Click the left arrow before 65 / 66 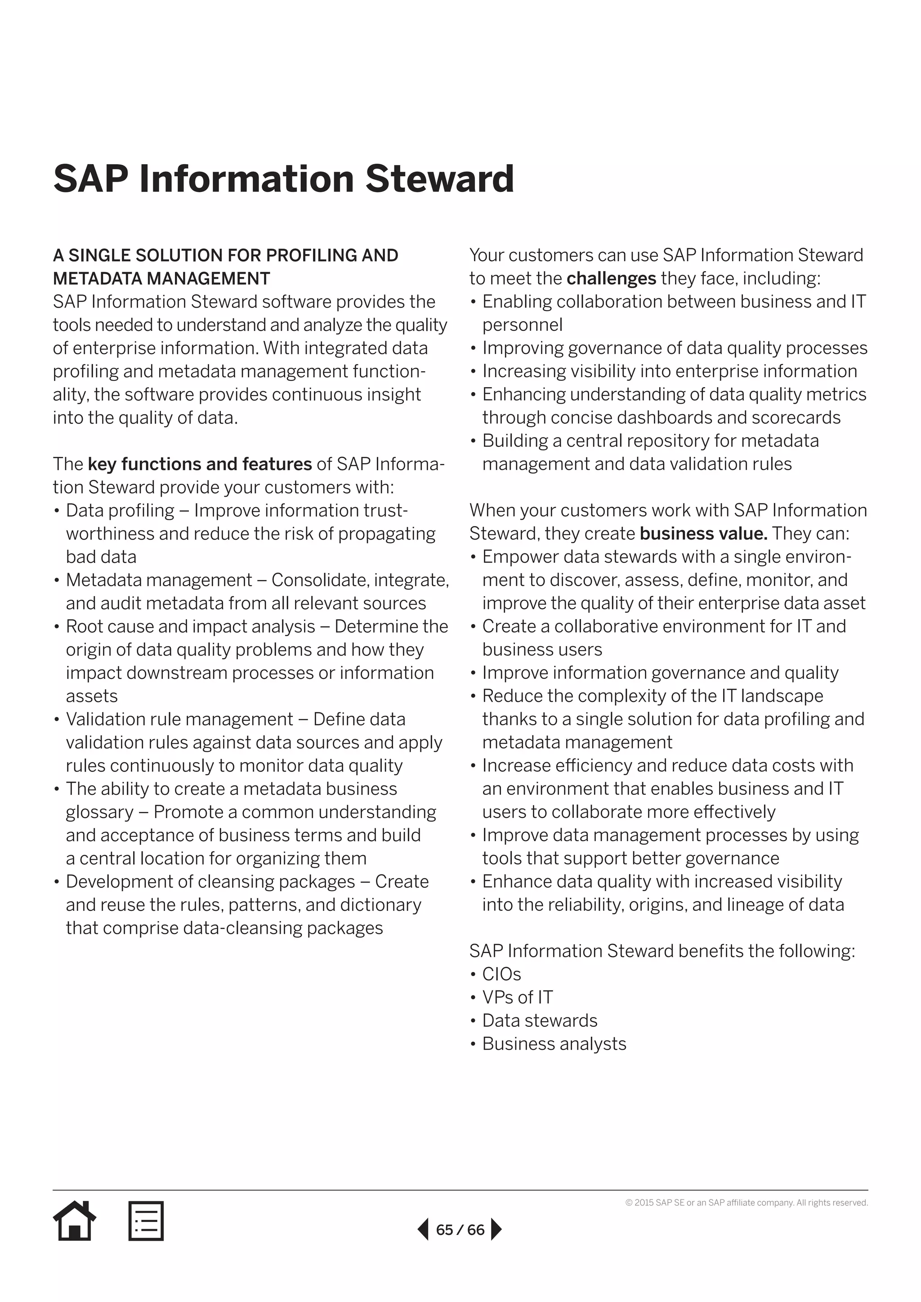(423, 1230)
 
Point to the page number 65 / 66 (460, 1230)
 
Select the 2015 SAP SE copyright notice (747, 1203)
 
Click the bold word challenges (611, 278)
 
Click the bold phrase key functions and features (200, 464)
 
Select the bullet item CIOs (501, 974)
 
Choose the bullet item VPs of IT (517, 998)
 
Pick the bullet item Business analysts (554, 1044)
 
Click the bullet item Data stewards (539, 1021)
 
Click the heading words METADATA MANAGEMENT (161, 278)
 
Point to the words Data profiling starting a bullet (120, 510)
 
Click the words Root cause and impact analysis (191, 626)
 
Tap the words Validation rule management (179, 719)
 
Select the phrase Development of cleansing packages (210, 882)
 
